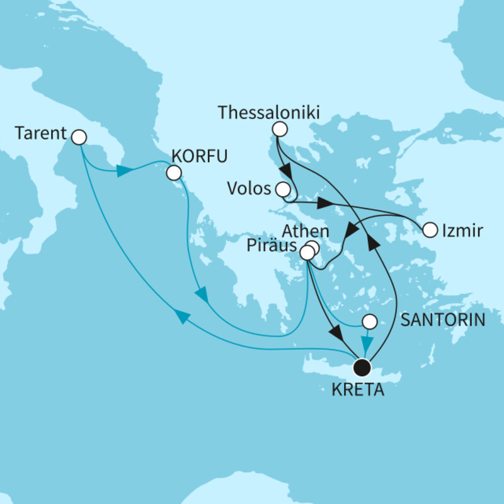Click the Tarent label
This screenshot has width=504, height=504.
(39, 133)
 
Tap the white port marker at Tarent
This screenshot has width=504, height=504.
(79, 136)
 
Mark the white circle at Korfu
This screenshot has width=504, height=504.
(173, 172)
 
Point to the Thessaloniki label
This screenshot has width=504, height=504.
(268, 113)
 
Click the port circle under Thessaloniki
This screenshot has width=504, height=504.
(279, 130)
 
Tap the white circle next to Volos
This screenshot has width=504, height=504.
(283, 189)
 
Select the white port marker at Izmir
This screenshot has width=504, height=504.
(430, 230)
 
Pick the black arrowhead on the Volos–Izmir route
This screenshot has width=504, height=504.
(324, 204)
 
